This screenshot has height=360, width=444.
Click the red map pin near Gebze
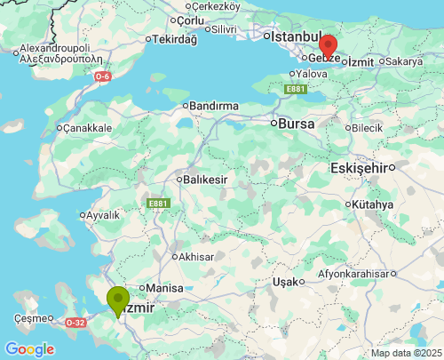point(328,45)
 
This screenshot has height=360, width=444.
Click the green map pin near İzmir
point(117,300)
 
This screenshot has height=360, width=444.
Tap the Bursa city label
point(297,124)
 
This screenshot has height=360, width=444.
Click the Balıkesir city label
point(205,180)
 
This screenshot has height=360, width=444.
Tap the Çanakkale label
point(87,128)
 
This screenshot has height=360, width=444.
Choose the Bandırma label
point(214,106)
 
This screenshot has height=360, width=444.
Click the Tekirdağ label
point(173,40)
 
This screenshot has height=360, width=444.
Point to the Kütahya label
point(372,204)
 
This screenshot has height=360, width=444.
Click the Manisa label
point(164,288)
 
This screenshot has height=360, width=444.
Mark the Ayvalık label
point(101,215)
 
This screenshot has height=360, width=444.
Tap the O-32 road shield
point(75,323)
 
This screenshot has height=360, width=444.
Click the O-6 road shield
point(103,76)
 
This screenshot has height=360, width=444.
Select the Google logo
point(29,348)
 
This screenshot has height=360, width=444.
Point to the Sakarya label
point(403,62)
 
